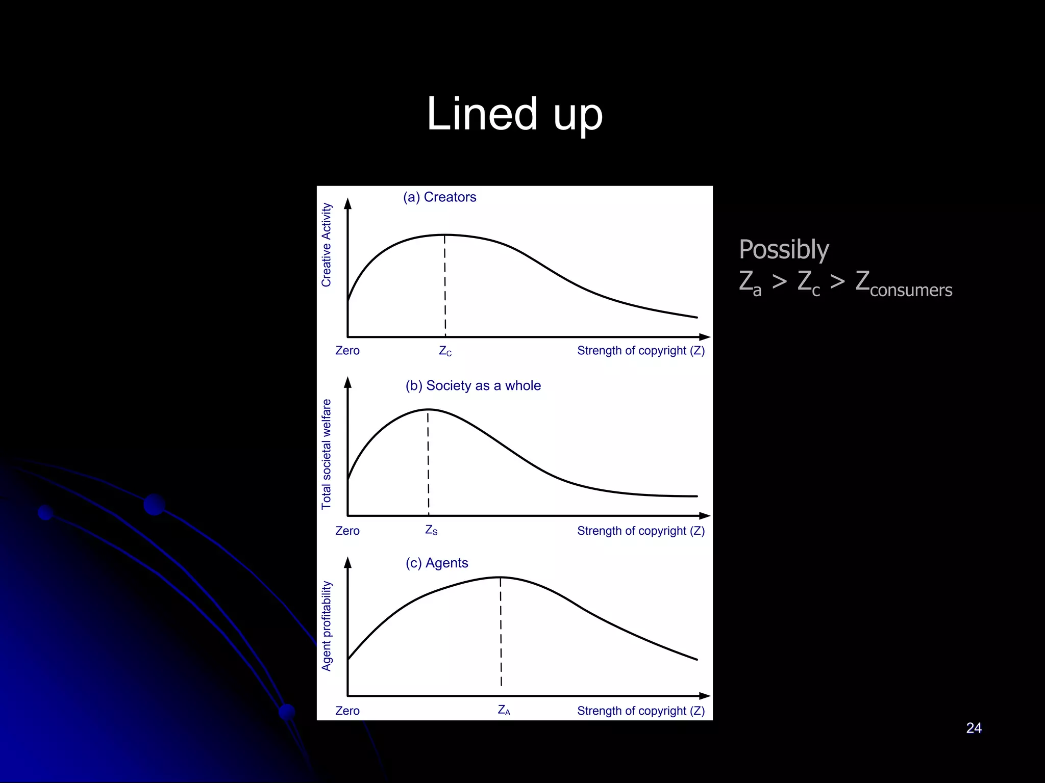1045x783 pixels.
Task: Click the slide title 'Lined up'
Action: (x=514, y=114)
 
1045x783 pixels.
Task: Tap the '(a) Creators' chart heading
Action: (x=439, y=197)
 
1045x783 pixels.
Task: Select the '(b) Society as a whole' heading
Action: (x=473, y=386)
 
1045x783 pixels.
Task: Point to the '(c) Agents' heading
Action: (x=437, y=563)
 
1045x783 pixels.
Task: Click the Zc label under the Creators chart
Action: (x=445, y=351)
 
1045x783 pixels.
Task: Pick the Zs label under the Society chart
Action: (x=431, y=531)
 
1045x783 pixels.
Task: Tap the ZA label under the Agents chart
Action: (x=504, y=710)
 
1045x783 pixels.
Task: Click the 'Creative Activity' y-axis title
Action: (x=327, y=245)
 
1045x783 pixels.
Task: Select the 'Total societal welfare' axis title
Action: (x=327, y=454)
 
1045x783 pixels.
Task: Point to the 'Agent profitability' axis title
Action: (x=327, y=626)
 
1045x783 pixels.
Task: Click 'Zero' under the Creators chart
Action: (x=347, y=351)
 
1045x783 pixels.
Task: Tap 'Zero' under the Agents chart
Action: (x=347, y=711)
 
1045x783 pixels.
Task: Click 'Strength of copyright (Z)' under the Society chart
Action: (x=641, y=531)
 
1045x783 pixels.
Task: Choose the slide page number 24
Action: (x=974, y=728)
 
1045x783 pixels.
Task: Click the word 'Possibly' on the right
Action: (x=784, y=250)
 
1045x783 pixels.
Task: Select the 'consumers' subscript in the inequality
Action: (x=911, y=290)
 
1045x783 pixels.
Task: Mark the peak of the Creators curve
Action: (x=445, y=235)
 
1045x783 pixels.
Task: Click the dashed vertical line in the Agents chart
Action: (x=501, y=632)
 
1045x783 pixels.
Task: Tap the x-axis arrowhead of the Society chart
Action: (x=705, y=516)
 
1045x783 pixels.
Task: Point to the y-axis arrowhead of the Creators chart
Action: (x=348, y=204)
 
